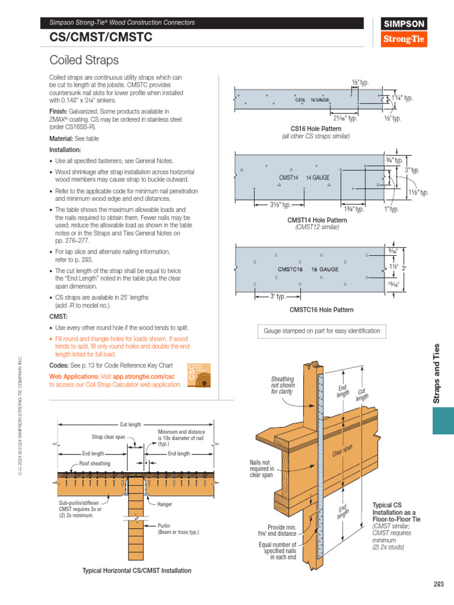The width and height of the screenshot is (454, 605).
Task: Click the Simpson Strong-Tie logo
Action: (404, 32)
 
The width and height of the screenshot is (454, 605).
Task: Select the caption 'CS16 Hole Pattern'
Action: (316, 128)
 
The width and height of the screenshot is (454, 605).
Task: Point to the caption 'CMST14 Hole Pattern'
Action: (317, 220)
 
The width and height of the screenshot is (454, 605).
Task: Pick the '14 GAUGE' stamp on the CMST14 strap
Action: (318, 177)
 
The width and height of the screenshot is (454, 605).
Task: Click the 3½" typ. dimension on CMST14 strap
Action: (280, 205)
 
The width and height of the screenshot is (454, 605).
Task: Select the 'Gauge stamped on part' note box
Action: (322, 331)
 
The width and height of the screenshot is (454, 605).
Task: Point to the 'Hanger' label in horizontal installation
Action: (165, 505)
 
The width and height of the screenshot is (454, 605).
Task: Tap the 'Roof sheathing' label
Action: (95, 464)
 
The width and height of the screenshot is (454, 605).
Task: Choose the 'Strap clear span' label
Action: (108, 437)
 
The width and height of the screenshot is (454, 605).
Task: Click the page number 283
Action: (438, 584)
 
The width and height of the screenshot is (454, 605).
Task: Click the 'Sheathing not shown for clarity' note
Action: (282, 385)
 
